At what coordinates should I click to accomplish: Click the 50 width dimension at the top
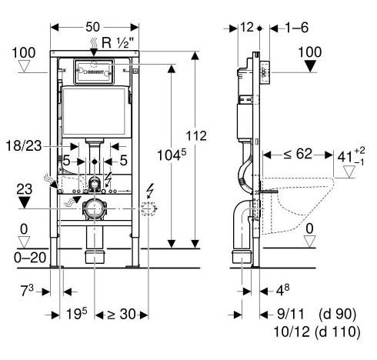point(92,27)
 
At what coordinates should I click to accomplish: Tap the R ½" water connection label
point(118,42)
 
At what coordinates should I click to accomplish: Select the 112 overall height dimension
point(196,135)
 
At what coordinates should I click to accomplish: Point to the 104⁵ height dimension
point(172,155)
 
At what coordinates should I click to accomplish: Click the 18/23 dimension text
point(24,146)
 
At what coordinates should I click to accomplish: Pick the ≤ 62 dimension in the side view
point(298,154)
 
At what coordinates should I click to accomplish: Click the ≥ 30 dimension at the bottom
point(122,314)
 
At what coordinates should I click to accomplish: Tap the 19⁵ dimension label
point(77,313)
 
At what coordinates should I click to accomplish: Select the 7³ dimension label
point(27,291)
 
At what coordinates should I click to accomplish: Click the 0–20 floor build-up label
point(30,258)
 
